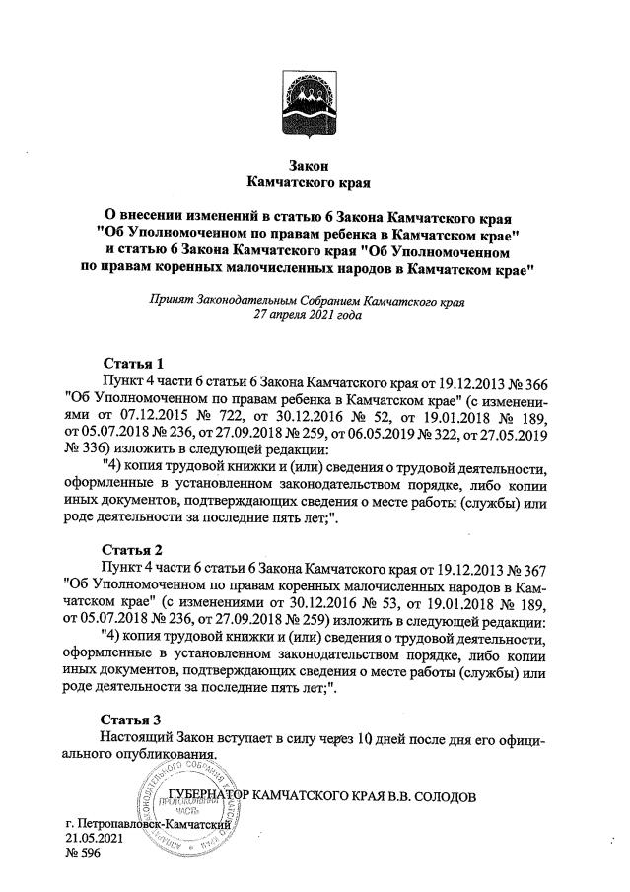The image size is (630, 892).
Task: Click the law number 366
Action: tap(533, 379)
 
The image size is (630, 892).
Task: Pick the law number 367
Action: tap(533, 567)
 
